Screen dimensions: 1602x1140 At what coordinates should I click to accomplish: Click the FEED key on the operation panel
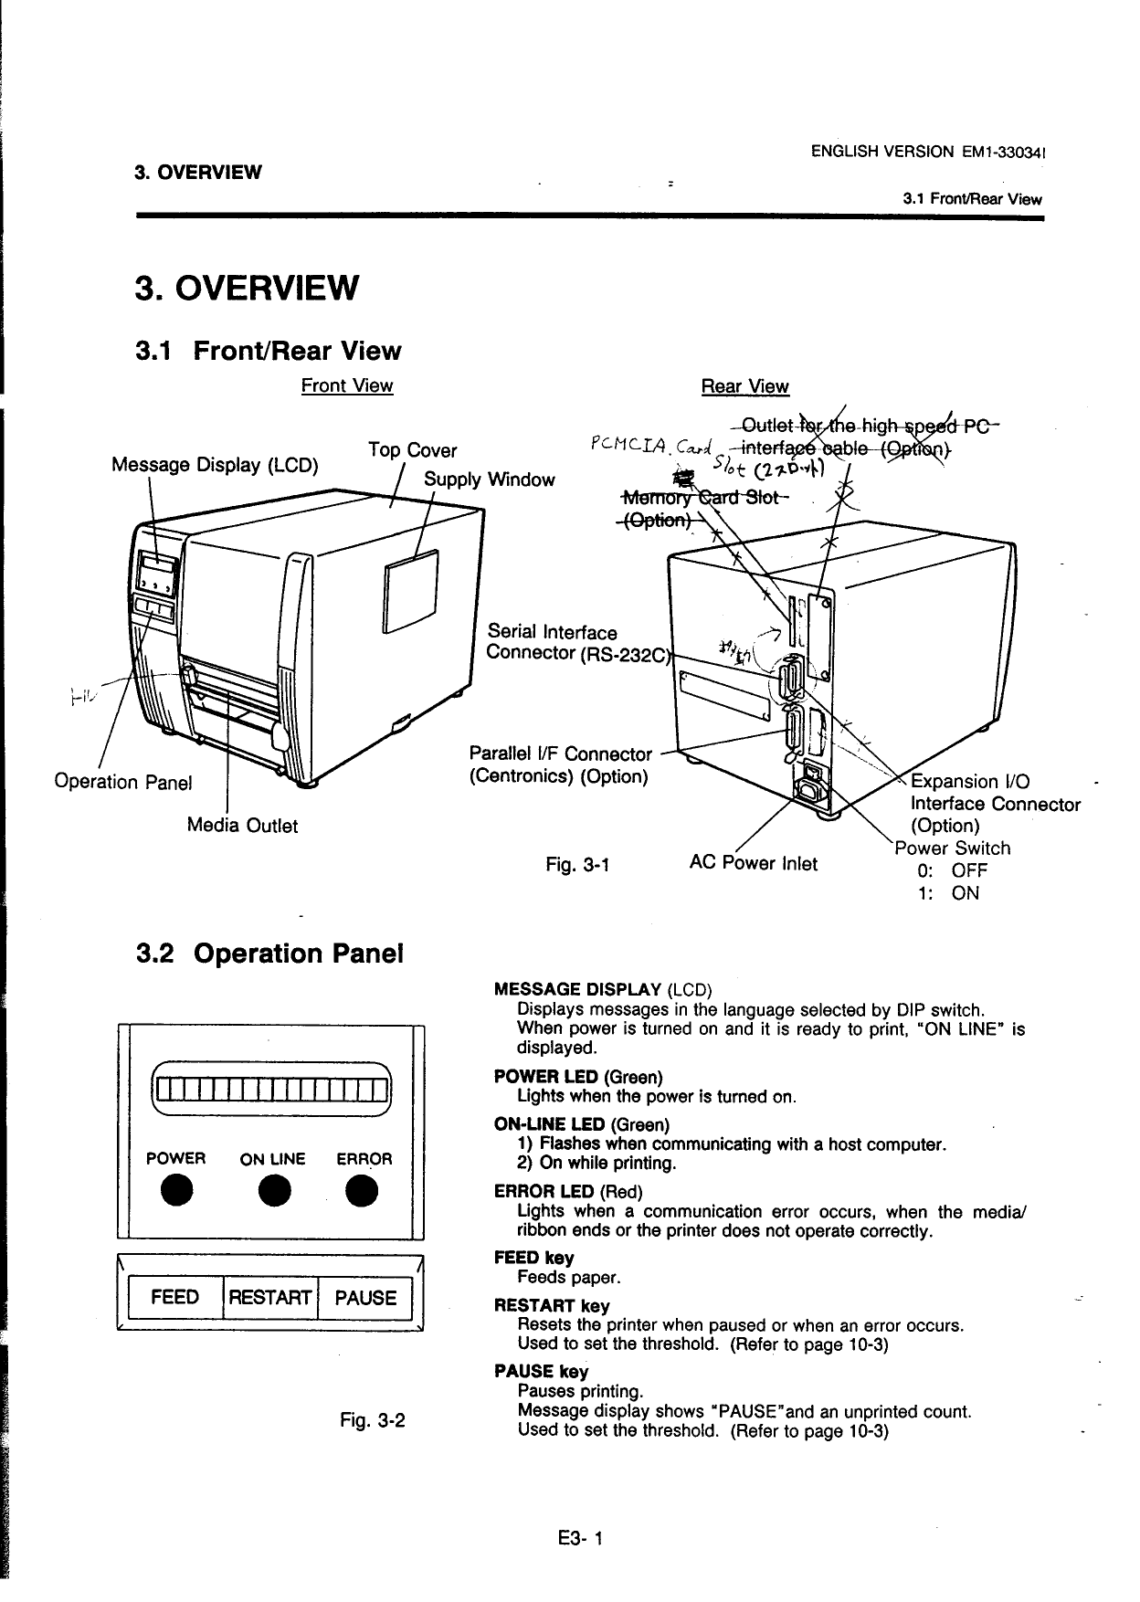[x=174, y=1298]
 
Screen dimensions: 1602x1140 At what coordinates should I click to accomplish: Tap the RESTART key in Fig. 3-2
[x=269, y=1298]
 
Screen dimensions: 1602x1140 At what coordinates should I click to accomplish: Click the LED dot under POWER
[x=175, y=1191]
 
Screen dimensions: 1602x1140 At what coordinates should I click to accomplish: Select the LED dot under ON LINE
[x=271, y=1191]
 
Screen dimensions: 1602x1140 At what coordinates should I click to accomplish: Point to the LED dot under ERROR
[x=364, y=1191]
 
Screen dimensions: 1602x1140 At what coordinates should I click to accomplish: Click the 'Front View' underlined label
[x=347, y=385]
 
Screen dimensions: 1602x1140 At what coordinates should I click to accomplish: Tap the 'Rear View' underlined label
[x=744, y=386]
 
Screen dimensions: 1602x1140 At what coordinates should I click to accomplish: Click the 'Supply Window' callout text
[x=489, y=480]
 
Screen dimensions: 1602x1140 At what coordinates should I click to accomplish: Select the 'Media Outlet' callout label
[x=242, y=825]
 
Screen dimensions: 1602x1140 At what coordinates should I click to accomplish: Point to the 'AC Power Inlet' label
[x=754, y=863]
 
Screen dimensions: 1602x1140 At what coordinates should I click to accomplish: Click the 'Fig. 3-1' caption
[x=577, y=864]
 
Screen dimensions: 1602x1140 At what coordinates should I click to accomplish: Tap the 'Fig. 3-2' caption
[x=372, y=1421]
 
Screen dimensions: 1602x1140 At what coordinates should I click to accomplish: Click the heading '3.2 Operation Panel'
[x=269, y=954]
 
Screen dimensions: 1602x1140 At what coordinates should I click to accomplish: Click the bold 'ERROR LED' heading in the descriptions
[x=544, y=1192]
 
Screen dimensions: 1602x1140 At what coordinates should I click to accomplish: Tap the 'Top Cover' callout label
[x=412, y=450]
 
